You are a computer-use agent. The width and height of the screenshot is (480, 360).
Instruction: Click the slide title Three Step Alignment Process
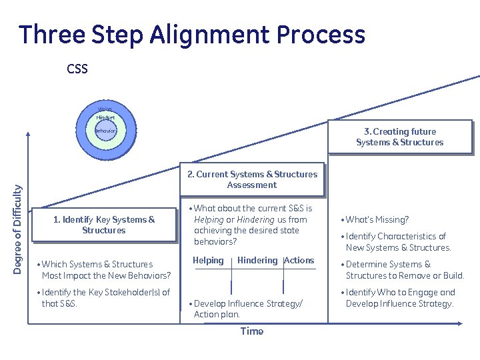tap(192, 34)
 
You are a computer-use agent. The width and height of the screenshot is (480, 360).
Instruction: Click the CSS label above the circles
tap(77, 69)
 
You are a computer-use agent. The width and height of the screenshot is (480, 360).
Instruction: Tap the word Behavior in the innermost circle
tap(105, 131)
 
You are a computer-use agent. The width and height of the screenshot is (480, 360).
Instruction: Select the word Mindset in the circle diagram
tap(105, 117)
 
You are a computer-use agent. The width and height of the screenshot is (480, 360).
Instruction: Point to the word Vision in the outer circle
tap(105, 109)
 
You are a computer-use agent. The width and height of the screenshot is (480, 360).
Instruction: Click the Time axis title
tap(251, 331)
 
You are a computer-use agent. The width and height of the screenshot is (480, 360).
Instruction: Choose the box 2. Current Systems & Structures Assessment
tap(252, 179)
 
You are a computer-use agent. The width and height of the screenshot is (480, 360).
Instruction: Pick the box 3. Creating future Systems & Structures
tap(399, 137)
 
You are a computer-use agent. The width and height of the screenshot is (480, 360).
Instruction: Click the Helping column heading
tap(208, 261)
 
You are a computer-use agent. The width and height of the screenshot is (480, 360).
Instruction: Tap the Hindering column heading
tap(257, 261)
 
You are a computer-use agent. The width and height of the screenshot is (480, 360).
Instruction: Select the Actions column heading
tap(299, 261)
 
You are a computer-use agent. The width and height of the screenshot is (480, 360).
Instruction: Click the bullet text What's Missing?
tap(377, 219)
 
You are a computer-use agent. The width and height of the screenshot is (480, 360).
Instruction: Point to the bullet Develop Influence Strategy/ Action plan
tap(248, 309)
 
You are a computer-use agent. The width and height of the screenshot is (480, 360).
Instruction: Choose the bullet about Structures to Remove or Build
tap(404, 269)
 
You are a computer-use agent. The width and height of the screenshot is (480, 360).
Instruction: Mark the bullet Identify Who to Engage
tap(400, 297)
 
